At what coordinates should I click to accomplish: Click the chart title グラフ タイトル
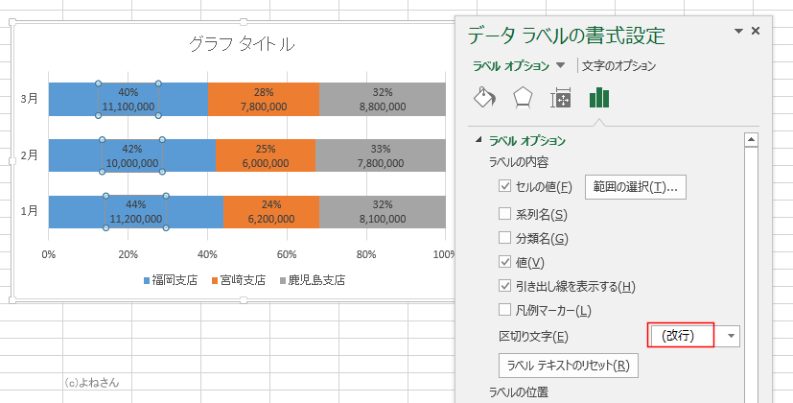pos(241,44)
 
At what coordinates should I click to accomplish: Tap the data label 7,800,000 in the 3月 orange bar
pos(264,107)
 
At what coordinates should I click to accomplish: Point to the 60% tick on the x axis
pos(286,255)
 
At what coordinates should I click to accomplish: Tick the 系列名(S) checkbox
pos(505,214)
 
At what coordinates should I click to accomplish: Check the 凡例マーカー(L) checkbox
pos(505,310)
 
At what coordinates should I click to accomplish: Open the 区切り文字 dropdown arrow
pos(732,336)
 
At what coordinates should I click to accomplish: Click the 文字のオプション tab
pos(619,66)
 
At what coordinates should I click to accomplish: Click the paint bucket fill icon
pos(485,97)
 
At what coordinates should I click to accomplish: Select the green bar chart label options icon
pos(600,97)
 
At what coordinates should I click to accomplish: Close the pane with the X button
pos(756,32)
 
